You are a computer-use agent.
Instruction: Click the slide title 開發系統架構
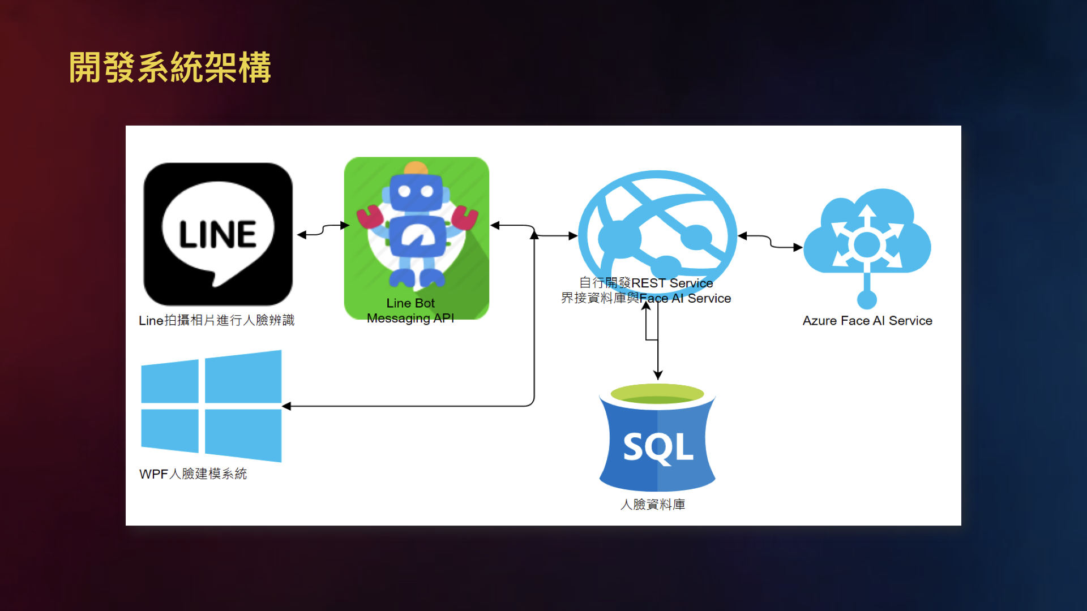tap(170, 68)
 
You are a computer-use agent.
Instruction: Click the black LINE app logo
tap(218, 234)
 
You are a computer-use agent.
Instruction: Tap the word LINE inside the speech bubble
tap(218, 235)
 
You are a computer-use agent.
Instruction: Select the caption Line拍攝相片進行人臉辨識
tap(216, 320)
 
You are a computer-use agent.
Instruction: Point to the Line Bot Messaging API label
tap(410, 311)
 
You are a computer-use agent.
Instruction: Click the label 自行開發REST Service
tap(646, 283)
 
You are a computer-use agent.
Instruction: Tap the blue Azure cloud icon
tap(867, 238)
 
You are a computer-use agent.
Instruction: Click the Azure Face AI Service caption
tap(867, 321)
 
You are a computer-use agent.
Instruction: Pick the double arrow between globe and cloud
tap(770, 242)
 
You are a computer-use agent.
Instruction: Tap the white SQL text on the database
tap(658, 448)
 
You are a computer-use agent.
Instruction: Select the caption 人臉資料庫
tap(653, 504)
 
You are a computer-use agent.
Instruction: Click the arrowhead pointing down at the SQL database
tap(658, 375)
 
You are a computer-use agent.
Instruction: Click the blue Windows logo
tap(211, 406)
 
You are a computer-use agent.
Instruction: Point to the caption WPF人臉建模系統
tap(193, 474)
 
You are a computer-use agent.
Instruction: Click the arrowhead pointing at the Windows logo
tap(286, 406)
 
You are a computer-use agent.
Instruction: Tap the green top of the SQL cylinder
tap(657, 394)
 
